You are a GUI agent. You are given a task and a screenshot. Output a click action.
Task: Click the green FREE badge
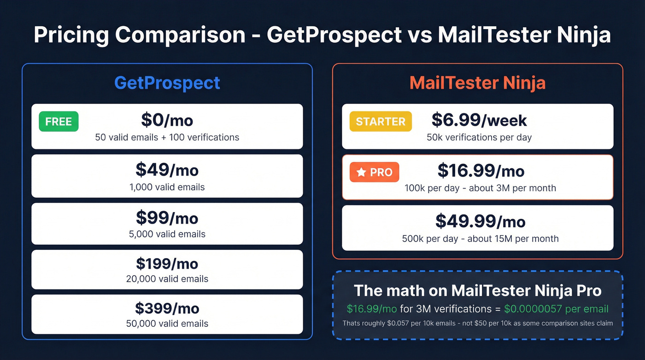coord(59,122)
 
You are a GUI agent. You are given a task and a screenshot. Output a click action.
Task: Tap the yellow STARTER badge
coord(381,122)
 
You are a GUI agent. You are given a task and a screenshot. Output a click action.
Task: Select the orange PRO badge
coord(375,172)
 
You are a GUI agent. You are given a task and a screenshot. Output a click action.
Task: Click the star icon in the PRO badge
coord(362,172)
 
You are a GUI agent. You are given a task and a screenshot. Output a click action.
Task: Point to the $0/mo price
coord(167,120)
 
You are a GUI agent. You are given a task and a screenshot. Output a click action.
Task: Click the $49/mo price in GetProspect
coord(167,170)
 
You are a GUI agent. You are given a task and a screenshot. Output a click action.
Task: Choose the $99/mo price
coord(167,218)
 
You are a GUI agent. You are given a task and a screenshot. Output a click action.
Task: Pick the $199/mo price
coord(167,264)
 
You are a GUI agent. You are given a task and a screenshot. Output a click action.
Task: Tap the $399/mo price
coord(167,308)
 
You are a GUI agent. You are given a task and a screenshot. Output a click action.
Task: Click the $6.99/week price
coord(479,120)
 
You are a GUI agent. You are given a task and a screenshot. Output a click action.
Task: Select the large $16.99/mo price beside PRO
coord(481,171)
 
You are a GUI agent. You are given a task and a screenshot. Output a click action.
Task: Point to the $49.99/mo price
coord(480,222)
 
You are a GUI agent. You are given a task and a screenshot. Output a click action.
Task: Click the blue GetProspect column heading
coord(167,83)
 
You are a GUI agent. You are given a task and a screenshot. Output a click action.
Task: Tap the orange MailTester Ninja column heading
coord(477,83)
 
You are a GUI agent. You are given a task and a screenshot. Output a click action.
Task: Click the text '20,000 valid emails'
coord(167,279)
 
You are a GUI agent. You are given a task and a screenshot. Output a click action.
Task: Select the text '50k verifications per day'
coord(479,137)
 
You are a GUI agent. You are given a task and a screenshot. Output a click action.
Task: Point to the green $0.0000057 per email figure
coord(556,309)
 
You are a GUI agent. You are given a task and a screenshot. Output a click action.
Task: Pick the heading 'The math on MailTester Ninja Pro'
coord(477,291)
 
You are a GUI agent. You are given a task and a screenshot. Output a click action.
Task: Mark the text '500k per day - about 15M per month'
coord(480,239)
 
